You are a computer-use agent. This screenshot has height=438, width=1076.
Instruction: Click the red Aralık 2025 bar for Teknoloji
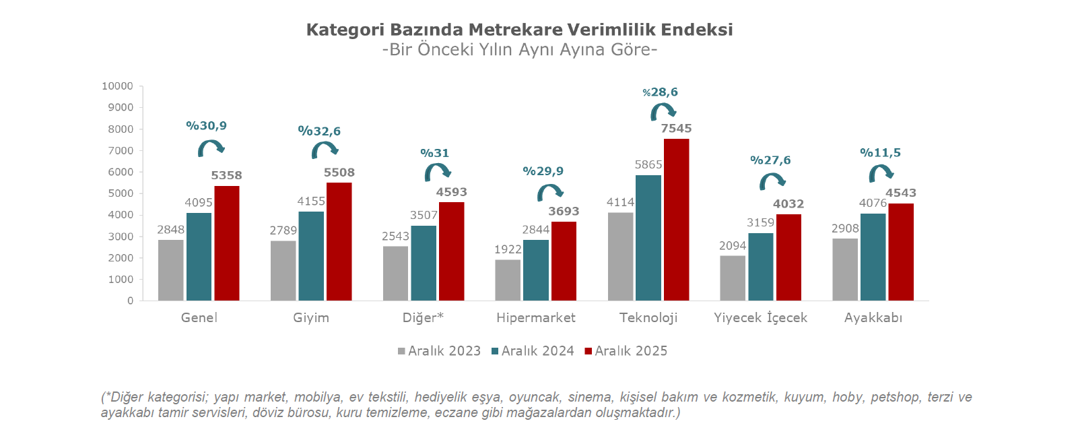point(676,220)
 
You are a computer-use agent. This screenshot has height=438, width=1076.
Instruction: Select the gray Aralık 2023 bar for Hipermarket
point(508,280)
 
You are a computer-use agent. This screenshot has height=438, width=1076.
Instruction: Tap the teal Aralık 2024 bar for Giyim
point(311,256)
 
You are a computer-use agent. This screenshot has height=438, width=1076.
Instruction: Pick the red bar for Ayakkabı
point(901,252)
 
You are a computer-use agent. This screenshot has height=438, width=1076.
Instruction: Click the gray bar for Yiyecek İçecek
point(733,278)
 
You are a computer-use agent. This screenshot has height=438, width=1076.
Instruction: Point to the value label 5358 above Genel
point(226,176)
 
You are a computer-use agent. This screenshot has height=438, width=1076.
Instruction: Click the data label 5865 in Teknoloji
point(648,164)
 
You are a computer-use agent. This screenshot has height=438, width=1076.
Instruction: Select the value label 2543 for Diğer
point(395,237)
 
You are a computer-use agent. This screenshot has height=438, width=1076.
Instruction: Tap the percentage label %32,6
point(319,131)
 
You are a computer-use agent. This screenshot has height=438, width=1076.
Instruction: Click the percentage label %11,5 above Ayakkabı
point(880,153)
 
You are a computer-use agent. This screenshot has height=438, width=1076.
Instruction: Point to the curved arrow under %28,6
point(663,111)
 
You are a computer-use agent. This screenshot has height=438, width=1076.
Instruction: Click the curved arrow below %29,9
point(549,193)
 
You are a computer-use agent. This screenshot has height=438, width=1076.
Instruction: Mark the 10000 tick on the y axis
point(118,86)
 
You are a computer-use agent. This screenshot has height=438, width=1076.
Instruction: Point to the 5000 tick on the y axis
point(121,193)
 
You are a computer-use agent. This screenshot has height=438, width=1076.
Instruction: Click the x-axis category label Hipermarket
point(536,317)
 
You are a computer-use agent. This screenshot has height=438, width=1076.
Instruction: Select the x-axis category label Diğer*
point(423,317)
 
